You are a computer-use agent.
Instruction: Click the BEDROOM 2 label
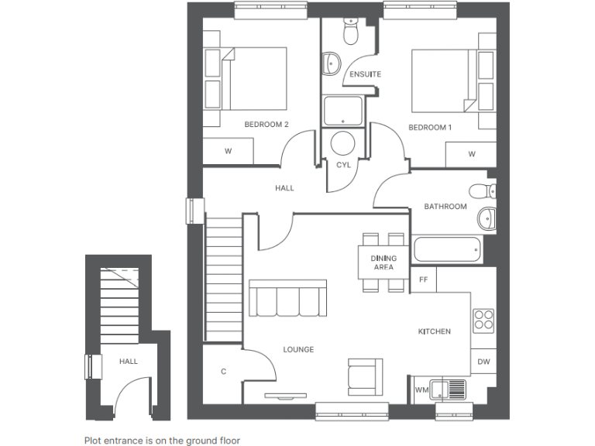[266, 125]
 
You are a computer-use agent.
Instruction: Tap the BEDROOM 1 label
[429, 128]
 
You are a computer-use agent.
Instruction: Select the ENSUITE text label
[366, 74]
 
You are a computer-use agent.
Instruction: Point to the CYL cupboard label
[343, 165]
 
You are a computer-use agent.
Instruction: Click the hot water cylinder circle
[342, 143]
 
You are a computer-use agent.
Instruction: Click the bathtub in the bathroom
[449, 249]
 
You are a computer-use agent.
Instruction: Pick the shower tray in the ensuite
[342, 111]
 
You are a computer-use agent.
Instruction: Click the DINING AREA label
[383, 262]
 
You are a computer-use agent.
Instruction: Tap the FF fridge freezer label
[423, 279]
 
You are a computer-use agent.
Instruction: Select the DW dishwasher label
[483, 362]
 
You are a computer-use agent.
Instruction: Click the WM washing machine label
[421, 390]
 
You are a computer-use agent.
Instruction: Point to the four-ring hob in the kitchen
[483, 319]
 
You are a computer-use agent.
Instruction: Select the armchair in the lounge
[364, 376]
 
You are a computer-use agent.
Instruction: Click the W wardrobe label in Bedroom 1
[471, 154]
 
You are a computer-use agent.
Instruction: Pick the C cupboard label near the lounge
[223, 372]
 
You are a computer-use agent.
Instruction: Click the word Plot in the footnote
[94, 440]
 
